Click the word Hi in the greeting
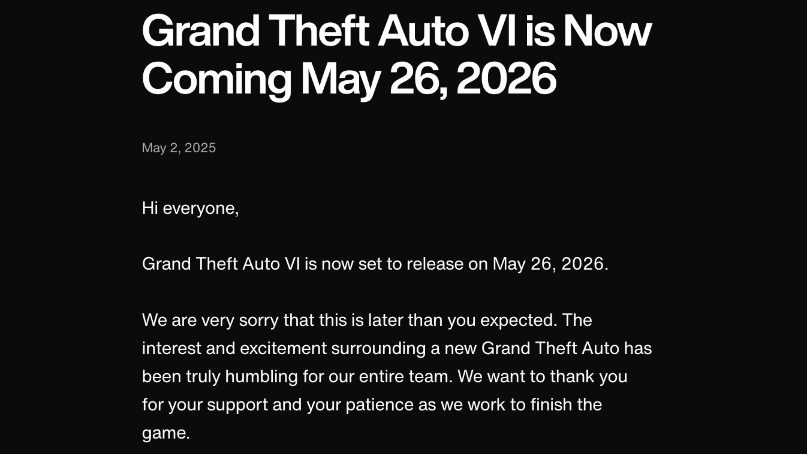pos(150,208)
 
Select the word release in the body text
pos(435,264)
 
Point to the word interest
pos(172,348)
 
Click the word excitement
pos(283,348)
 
